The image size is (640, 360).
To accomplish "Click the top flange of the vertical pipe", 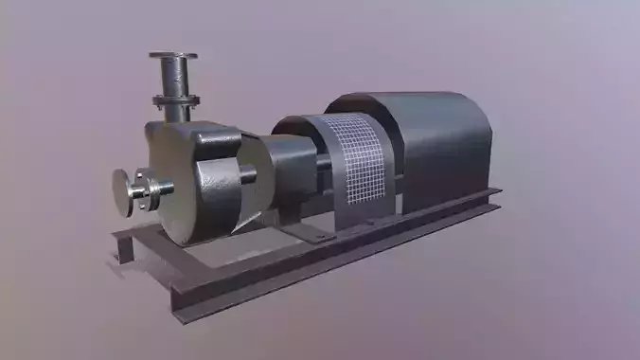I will click(173, 57).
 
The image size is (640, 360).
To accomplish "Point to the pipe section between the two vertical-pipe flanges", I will click(173, 79).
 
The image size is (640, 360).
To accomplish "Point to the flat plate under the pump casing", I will click(218, 233).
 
